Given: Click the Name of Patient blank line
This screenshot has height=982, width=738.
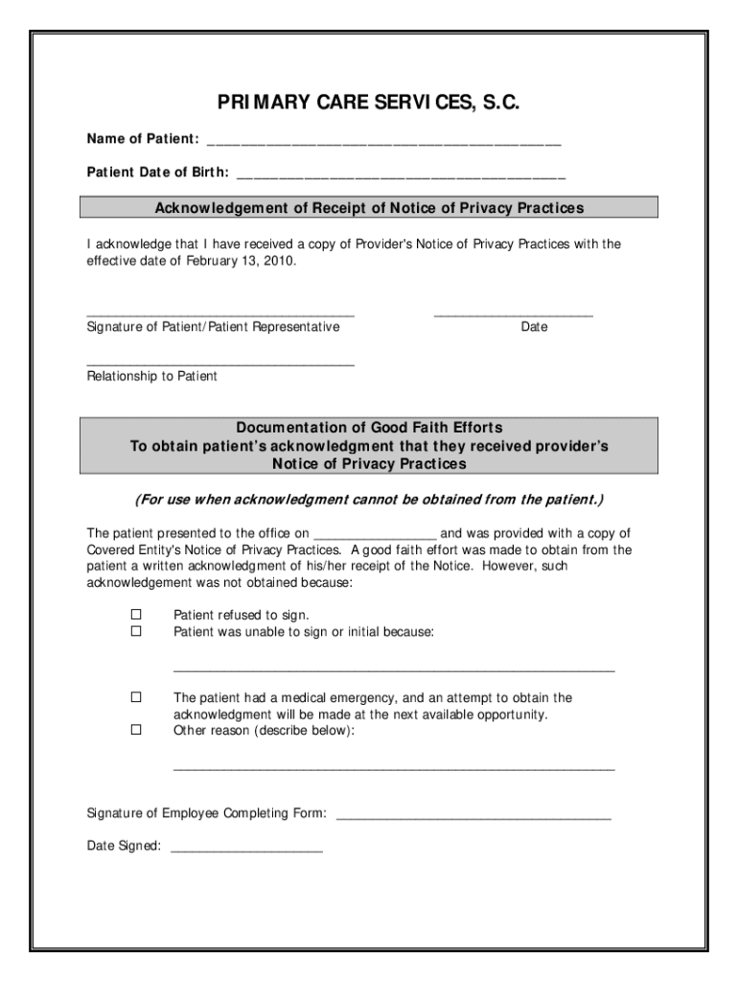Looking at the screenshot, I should [x=382, y=144].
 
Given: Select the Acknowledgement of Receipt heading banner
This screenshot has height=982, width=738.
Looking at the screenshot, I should [x=369, y=208].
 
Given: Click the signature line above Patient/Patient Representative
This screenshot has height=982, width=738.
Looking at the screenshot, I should [x=220, y=315].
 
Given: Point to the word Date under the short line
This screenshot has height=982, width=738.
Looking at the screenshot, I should [x=534, y=328].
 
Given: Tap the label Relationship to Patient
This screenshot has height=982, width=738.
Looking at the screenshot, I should [x=152, y=377].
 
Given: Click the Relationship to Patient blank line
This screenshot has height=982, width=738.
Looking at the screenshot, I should [x=220, y=364].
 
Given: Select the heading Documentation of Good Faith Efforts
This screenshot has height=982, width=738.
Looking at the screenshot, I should [x=369, y=428].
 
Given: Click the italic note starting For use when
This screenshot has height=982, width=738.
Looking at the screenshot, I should [x=369, y=501].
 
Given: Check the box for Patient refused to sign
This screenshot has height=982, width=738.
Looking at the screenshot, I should [x=135, y=615].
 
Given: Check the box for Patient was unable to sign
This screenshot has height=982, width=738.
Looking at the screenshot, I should [x=135, y=632].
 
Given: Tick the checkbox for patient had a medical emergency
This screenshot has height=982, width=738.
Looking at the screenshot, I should [x=135, y=698].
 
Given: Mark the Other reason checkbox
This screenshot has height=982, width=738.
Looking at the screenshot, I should [x=135, y=731].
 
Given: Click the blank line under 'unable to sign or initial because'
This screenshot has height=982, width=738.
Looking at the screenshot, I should [x=393, y=669].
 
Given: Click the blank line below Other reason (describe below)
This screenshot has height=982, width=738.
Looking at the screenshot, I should [x=393, y=768].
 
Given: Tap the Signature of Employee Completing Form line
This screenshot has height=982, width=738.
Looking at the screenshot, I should [x=473, y=817].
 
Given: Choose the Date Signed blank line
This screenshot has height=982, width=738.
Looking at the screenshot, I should [x=245, y=850].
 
